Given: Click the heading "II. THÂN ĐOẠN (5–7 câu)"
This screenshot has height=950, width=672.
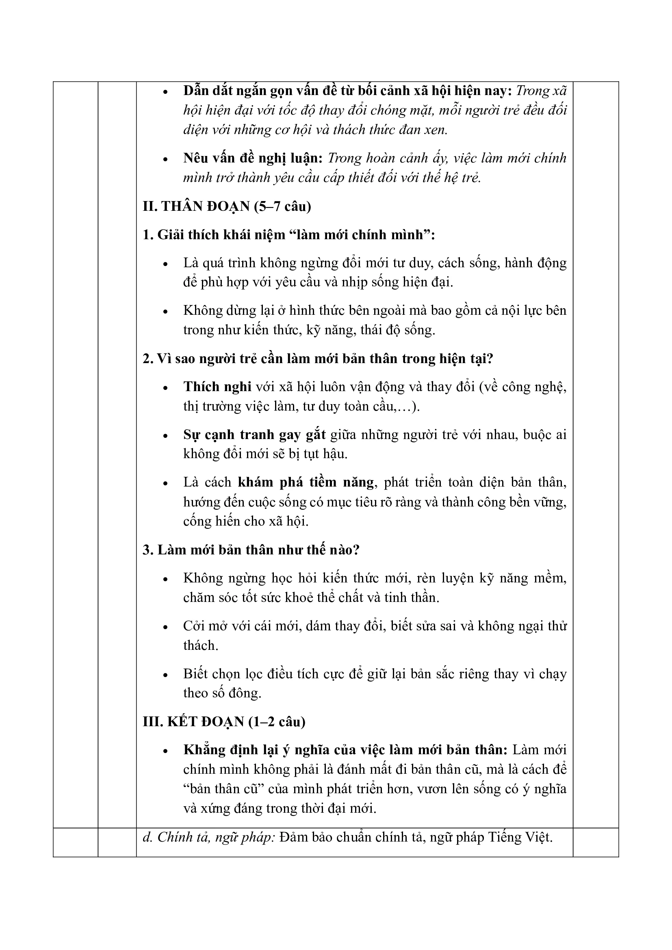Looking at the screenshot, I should click(x=227, y=206).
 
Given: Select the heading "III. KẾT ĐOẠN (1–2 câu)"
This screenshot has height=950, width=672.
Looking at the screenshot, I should click(x=224, y=722).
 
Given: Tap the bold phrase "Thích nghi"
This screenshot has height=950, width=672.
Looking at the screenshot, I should click(x=217, y=386).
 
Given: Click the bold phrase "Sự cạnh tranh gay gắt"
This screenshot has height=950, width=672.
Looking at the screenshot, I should click(x=254, y=435).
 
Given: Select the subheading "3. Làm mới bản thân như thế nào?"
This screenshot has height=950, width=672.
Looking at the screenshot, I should click(x=251, y=550).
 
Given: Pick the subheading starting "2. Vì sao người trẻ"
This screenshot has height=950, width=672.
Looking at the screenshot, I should click(x=318, y=358).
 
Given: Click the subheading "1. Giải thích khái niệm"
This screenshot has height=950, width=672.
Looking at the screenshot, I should click(x=289, y=235).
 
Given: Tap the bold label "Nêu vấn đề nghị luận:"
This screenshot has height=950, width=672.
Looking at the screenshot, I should click(x=253, y=158).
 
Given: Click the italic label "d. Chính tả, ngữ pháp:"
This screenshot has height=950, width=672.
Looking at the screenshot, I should click(x=208, y=837).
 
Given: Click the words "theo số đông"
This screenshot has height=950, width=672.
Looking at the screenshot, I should click(x=222, y=693).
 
